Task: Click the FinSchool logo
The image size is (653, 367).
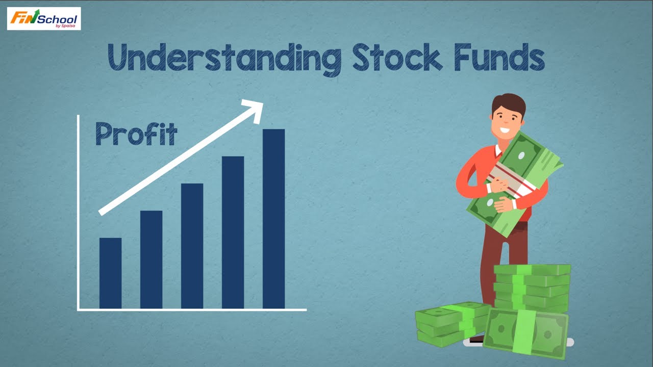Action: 44,19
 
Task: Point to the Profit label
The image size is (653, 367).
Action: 136,134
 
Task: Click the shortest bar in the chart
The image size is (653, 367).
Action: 110,273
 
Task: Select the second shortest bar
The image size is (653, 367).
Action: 151,259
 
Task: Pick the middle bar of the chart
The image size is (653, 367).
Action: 192,246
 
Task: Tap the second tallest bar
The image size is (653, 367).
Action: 233,232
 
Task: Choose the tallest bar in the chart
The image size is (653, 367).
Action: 273,219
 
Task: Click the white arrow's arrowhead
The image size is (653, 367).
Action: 253,110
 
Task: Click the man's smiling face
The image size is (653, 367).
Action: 506,122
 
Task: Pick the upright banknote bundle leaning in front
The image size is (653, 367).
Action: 525,332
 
